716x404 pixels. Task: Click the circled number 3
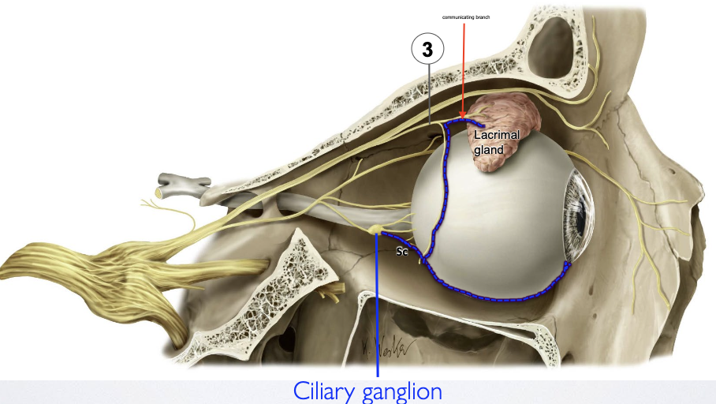click(427, 50)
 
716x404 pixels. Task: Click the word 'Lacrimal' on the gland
click(497, 135)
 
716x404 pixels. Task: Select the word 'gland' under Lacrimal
click(489, 150)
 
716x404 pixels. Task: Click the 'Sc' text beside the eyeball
click(401, 252)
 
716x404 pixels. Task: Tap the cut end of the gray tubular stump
click(160, 192)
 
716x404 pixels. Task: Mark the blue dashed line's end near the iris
click(565, 264)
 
